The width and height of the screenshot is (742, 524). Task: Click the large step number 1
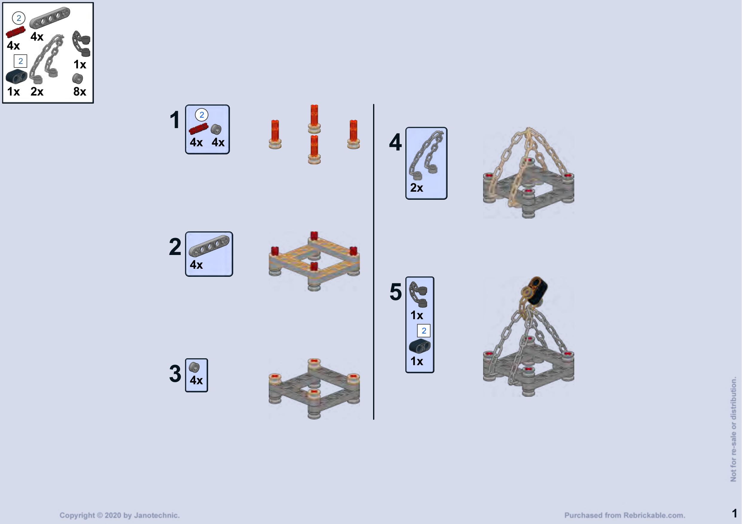175,120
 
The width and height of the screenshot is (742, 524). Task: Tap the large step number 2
175,247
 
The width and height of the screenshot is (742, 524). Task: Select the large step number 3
175,374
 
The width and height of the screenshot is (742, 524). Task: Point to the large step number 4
395,142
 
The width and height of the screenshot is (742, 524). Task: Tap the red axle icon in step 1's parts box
199,128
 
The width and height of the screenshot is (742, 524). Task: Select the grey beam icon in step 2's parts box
209,246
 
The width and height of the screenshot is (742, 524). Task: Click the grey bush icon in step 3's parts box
194,368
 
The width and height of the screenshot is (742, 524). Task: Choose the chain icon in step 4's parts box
426,155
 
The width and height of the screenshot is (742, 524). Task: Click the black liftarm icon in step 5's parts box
419,346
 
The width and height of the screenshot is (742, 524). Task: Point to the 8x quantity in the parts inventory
80,92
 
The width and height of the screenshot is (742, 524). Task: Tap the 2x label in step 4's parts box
416,188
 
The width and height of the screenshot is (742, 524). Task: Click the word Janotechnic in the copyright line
156,515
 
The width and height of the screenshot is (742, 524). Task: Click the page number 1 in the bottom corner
735,513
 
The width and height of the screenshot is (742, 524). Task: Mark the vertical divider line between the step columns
374,262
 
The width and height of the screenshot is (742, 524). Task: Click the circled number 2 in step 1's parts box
202,115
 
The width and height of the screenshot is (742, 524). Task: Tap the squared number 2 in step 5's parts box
424,331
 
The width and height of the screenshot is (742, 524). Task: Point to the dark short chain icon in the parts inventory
81,44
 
